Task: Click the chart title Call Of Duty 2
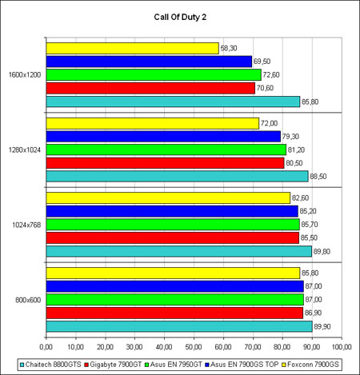[x=180, y=17]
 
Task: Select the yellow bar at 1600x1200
[x=133, y=49]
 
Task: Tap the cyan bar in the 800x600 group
[x=179, y=326]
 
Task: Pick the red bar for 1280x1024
[x=166, y=163]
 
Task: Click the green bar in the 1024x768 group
[x=173, y=225]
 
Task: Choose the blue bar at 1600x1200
[x=149, y=62]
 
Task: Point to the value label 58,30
[x=229, y=48]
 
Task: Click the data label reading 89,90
[x=322, y=326]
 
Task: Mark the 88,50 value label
[x=318, y=177]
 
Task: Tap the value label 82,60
[x=300, y=198]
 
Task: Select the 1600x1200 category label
[x=25, y=75]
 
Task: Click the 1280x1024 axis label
[x=25, y=150]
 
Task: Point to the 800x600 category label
[x=28, y=300]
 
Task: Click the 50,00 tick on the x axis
[x=194, y=347]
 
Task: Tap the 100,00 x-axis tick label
[x=342, y=347]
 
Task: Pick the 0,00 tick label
[x=46, y=347]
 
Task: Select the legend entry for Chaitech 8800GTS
[x=50, y=365]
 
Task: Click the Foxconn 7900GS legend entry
[x=310, y=365]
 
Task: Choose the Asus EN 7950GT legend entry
[x=174, y=365]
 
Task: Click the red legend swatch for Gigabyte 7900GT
[x=86, y=365]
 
